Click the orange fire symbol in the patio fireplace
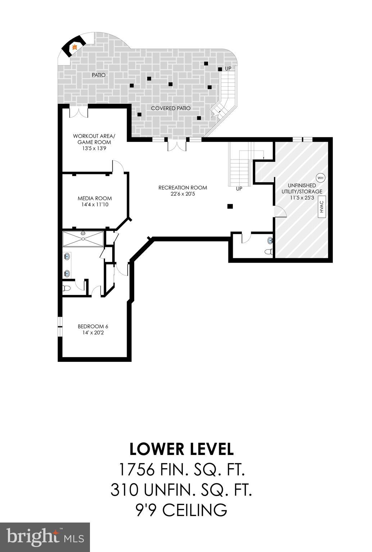[x=75, y=47]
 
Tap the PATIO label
[x=99, y=75]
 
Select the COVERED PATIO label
[x=171, y=108]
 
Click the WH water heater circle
[x=320, y=178]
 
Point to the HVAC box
[x=322, y=207]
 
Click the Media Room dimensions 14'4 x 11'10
[x=95, y=204]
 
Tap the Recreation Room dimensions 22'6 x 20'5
[x=183, y=194]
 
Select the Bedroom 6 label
[x=93, y=326]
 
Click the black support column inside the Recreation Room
[x=230, y=206]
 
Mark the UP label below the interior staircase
[x=239, y=189]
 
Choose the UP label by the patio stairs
[x=228, y=68]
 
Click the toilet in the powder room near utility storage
[x=269, y=252]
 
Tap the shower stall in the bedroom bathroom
[x=83, y=239]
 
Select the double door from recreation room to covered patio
[x=177, y=146]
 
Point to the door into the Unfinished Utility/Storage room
[x=280, y=212]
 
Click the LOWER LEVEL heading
[x=181, y=449]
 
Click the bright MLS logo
[x=45, y=537]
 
